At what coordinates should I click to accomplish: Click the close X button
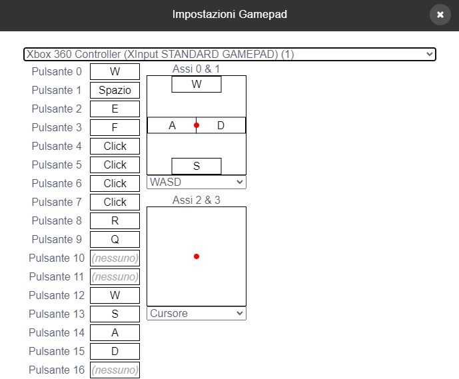440,15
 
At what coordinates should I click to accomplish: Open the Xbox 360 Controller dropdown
229,55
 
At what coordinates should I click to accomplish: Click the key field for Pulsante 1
115,90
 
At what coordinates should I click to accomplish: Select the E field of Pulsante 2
115,109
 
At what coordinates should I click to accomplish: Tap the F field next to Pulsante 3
115,127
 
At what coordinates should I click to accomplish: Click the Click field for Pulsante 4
115,146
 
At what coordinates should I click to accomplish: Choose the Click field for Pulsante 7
115,202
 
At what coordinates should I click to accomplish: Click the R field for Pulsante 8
115,220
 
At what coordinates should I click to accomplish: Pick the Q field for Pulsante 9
115,239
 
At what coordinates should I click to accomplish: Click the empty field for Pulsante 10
115,258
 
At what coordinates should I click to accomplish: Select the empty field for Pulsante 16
115,370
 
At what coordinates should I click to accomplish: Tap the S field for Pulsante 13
115,314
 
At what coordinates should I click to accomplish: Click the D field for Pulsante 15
115,351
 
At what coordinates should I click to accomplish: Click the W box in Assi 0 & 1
196,85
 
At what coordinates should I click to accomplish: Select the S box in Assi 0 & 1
196,166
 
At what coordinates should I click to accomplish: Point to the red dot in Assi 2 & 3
196,256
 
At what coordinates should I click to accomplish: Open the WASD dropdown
196,182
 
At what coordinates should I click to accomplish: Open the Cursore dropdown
196,313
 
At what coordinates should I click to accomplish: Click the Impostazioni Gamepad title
229,15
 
